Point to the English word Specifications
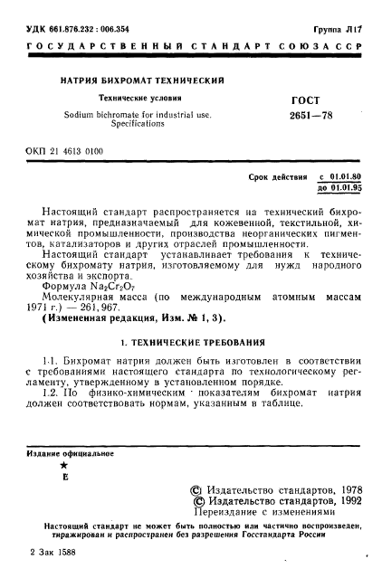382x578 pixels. click(x=138, y=123)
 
